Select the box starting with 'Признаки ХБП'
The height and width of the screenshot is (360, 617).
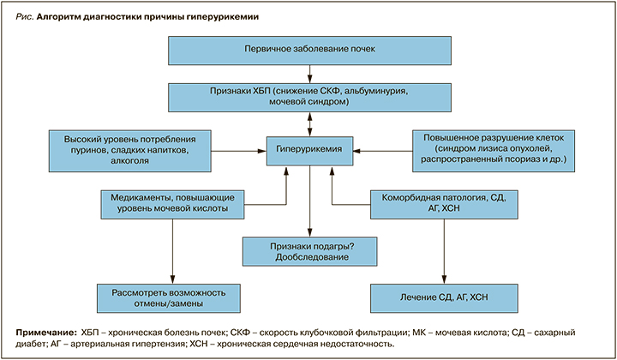coord(309,95)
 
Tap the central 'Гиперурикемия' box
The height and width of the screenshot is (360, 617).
coord(309,148)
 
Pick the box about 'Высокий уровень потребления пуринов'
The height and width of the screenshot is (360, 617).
coord(130,148)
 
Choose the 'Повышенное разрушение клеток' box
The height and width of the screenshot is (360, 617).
coord(490,148)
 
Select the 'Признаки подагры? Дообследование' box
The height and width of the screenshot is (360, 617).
coord(309,250)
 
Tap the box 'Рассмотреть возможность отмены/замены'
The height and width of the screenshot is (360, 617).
coord(172,297)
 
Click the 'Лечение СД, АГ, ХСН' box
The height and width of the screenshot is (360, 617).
coord(443,297)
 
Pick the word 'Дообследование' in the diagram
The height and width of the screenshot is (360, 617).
coord(309,256)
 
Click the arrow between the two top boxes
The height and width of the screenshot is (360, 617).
coord(309,72)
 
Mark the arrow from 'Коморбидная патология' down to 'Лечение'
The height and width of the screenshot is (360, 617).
coord(443,249)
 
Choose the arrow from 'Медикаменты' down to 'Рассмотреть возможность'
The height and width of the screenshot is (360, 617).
coord(172,249)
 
